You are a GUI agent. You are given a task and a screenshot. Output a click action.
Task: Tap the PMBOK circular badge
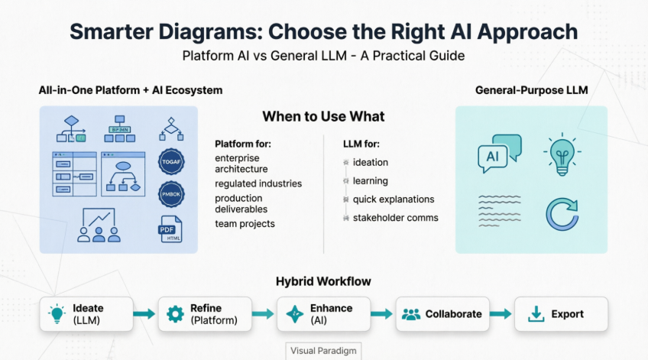pyautogui.click(x=171, y=195)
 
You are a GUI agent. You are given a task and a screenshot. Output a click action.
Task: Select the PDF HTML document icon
pyautogui.click(x=171, y=229)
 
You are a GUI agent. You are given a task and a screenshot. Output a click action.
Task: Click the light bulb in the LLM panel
pyautogui.click(x=562, y=154)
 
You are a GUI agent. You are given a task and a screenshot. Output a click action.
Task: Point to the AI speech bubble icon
pyautogui.click(x=499, y=154)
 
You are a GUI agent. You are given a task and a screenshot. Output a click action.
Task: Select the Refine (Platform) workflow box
pyautogui.click(x=204, y=314)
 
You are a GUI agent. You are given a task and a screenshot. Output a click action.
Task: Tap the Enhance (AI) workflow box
pyautogui.click(x=324, y=314)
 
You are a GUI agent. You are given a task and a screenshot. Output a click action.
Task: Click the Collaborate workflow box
pyautogui.click(x=442, y=314)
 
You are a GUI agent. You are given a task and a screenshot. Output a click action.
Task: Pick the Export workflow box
pyautogui.click(x=561, y=314)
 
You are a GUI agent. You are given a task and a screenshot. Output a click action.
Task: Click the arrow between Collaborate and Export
pyautogui.click(x=501, y=314)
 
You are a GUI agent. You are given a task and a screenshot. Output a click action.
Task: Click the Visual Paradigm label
pyautogui.click(x=324, y=351)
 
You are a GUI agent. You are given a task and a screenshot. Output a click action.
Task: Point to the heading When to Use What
pyautogui.click(x=323, y=117)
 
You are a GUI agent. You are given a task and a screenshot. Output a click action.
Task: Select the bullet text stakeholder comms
pyautogui.click(x=395, y=218)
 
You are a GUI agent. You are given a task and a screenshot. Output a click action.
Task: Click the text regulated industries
pyautogui.click(x=258, y=183)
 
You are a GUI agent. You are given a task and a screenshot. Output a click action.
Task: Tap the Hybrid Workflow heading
pyautogui.click(x=323, y=281)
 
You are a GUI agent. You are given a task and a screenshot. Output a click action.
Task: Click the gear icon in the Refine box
pyautogui.click(x=175, y=314)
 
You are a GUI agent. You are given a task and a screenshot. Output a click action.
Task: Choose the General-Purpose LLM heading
pyautogui.click(x=531, y=90)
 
